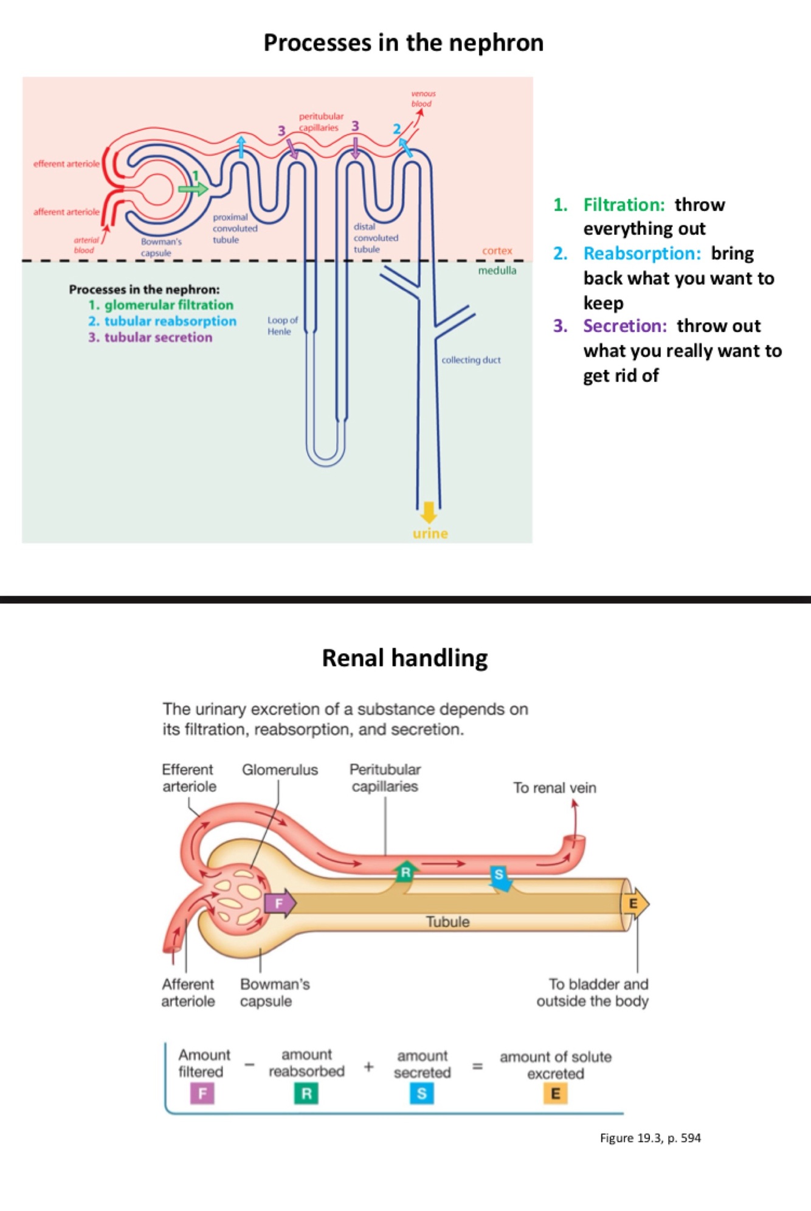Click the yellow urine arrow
click(x=429, y=512)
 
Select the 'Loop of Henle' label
click(x=282, y=325)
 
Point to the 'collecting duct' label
click(x=471, y=360)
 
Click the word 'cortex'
click(x=497, y=251)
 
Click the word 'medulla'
click(x=497, y=271)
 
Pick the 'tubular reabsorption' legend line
click(x=162, y=321)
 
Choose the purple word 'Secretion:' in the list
click(x=624, y=326)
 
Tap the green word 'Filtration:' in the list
click(x=624, y=205)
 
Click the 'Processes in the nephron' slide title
click(x=403, y=43)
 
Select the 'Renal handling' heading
click(x=404, y=658)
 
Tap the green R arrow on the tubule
click(x=406, y=872)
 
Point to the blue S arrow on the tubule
click(x=500, y=878)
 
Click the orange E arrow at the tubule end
click(x=635, y=904)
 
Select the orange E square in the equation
click(x=555, y=1094)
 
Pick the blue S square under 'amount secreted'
click(x=421, y=1094)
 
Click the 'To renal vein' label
click(x=554, y=788)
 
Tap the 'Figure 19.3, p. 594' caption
click(x=650, y=1138)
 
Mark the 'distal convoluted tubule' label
click(x=375, y=238)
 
